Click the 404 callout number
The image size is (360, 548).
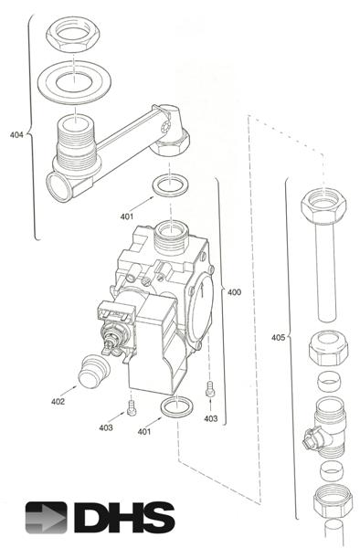(x=16, y=134)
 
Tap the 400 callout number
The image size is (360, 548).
(x=234, y=293)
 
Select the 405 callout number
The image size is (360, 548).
(x=277, y=337)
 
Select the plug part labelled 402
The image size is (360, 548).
(x=96, y=372)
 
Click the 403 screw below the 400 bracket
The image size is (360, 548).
(x=211, y=387)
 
